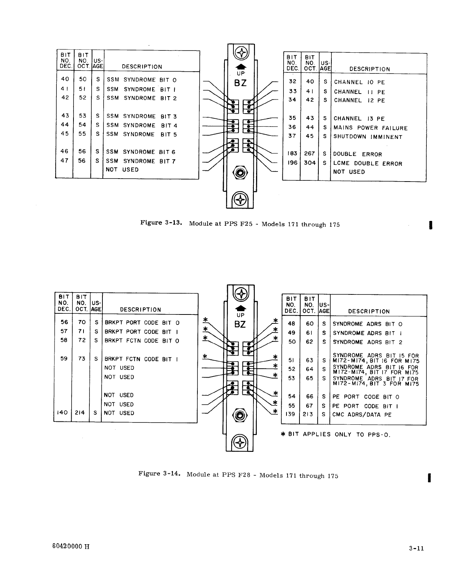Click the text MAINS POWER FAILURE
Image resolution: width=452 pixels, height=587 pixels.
pyautogui.click(x=370, y=128)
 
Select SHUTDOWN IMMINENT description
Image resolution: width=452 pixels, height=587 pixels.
pyautogui.click(x=368, y=137)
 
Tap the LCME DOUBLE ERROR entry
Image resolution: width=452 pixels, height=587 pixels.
pyautogui.click(x=367, y=163)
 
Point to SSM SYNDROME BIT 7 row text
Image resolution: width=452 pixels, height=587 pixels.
pyautogui.click(x=141, y=161)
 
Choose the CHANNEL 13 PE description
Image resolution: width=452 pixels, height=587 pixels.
pyautogui.click(x=359, y=119)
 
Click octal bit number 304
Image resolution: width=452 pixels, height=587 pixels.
pyautogui.click(x=309, y=163)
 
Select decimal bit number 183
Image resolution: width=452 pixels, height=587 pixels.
pyautogui.click(x=292, y=154)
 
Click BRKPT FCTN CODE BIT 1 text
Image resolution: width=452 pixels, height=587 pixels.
pyautogui.click(x=142, y=359)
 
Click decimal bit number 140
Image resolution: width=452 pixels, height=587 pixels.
pyautogui.click(x=62, y=413)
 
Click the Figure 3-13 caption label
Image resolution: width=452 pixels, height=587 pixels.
pyautogui.click(x=160, y=223)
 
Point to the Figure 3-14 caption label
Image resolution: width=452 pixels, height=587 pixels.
pyautogui.click(x=159, y=474)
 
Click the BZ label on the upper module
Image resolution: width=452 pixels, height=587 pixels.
pyautogui.click(x=240, y=83)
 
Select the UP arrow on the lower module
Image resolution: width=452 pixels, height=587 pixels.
pyautogui.click(x=240, y=309)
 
